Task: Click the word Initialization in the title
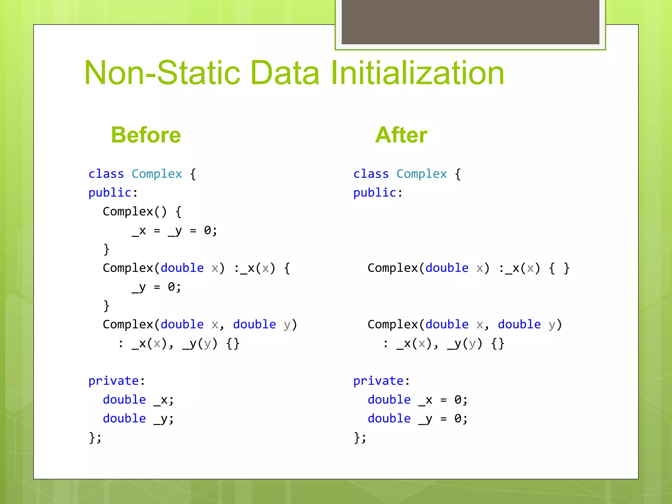click(417, 73)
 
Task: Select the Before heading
click(146, 135)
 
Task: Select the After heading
click(401, 135)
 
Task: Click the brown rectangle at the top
click(470, 22)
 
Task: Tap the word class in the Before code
click(106, 174)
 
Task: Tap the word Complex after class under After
click(421, 174)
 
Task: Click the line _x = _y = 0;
click(174, 231)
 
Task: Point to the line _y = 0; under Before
click(156, 287)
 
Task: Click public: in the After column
click(378, 193)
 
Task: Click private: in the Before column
click(116, 381)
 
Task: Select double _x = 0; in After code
click(417, 400)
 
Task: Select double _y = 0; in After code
click(417, 419)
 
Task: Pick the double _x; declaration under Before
click(138, 400)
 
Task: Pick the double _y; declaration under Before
click(138, 419)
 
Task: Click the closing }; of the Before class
click(95, 438)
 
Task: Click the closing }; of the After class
click(360, 438)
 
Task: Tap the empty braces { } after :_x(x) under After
click(559, 268)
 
